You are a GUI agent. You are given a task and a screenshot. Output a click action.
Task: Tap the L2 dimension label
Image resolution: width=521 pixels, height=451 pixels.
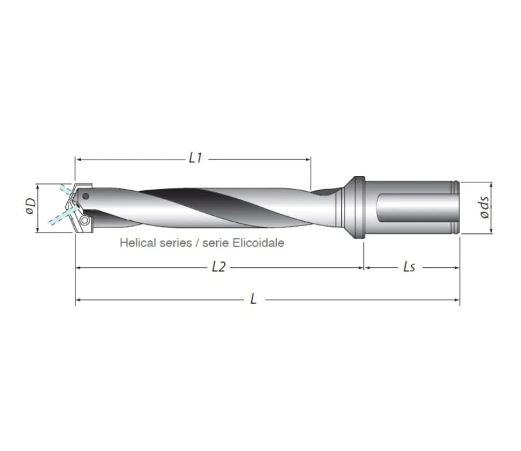pyautogui.click(x=219, y=267)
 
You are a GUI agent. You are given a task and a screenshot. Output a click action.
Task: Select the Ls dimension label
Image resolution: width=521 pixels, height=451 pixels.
pyautogui.click(x=410, y=267)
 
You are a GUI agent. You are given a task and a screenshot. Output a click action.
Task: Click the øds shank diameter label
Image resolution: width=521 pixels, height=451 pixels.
pyautogui.click(x=483, y=207)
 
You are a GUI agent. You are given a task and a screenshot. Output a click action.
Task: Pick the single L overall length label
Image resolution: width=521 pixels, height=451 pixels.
pyautogui.click(x=253, y=300)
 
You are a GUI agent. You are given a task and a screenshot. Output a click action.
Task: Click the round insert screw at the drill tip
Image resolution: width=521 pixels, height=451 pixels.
pyautogui.click(x=84, y=221)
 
